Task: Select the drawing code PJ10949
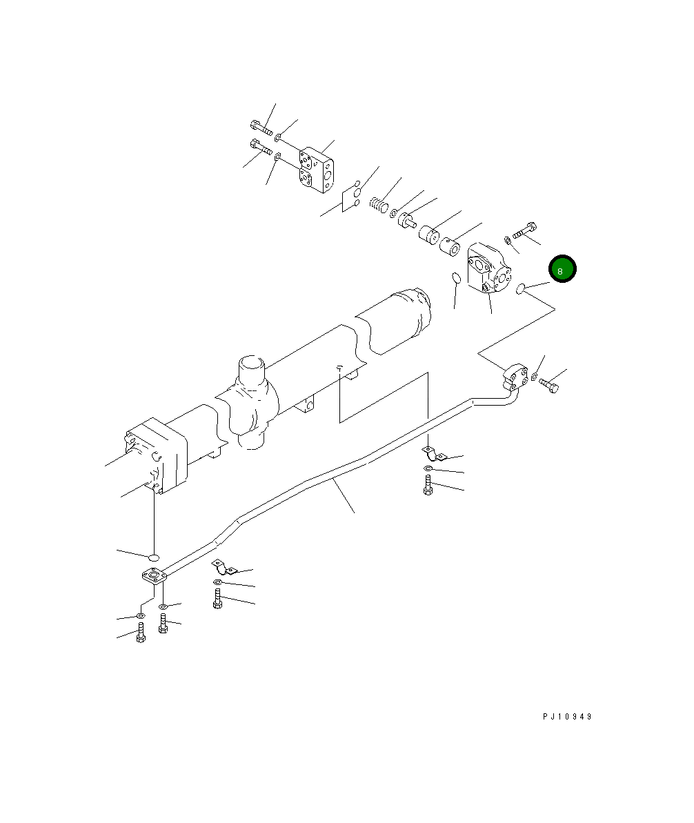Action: click(566, 716)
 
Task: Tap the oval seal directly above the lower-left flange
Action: click(155, 556)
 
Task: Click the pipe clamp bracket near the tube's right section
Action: click(433, 453)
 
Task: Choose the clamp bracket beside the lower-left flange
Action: click(222, 567)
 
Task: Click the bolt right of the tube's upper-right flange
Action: click(550, 385)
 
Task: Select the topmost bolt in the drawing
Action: click(260, 128)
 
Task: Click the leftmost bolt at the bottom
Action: click(140, 633)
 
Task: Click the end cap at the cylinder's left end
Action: click(157, 455)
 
